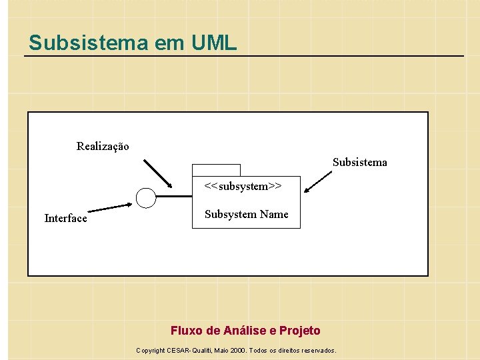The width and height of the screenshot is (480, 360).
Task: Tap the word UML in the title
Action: (213, 43)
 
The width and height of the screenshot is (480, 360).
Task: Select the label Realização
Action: (103, 146)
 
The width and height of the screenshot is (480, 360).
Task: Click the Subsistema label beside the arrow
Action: (359, 162)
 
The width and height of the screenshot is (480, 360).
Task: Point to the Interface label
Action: (65, 218)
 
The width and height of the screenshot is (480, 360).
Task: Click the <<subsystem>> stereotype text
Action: (243, 186)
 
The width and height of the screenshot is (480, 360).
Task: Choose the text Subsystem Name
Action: (246, 214)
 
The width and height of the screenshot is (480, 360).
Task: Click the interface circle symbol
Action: (145, 197)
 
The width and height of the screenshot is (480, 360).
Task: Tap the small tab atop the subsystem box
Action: (216, 170)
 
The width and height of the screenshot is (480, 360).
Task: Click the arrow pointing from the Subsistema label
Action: (319, 182)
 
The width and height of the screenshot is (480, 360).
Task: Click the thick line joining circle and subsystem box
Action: (174, 197)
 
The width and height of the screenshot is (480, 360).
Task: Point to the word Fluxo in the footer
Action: (186, 331)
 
